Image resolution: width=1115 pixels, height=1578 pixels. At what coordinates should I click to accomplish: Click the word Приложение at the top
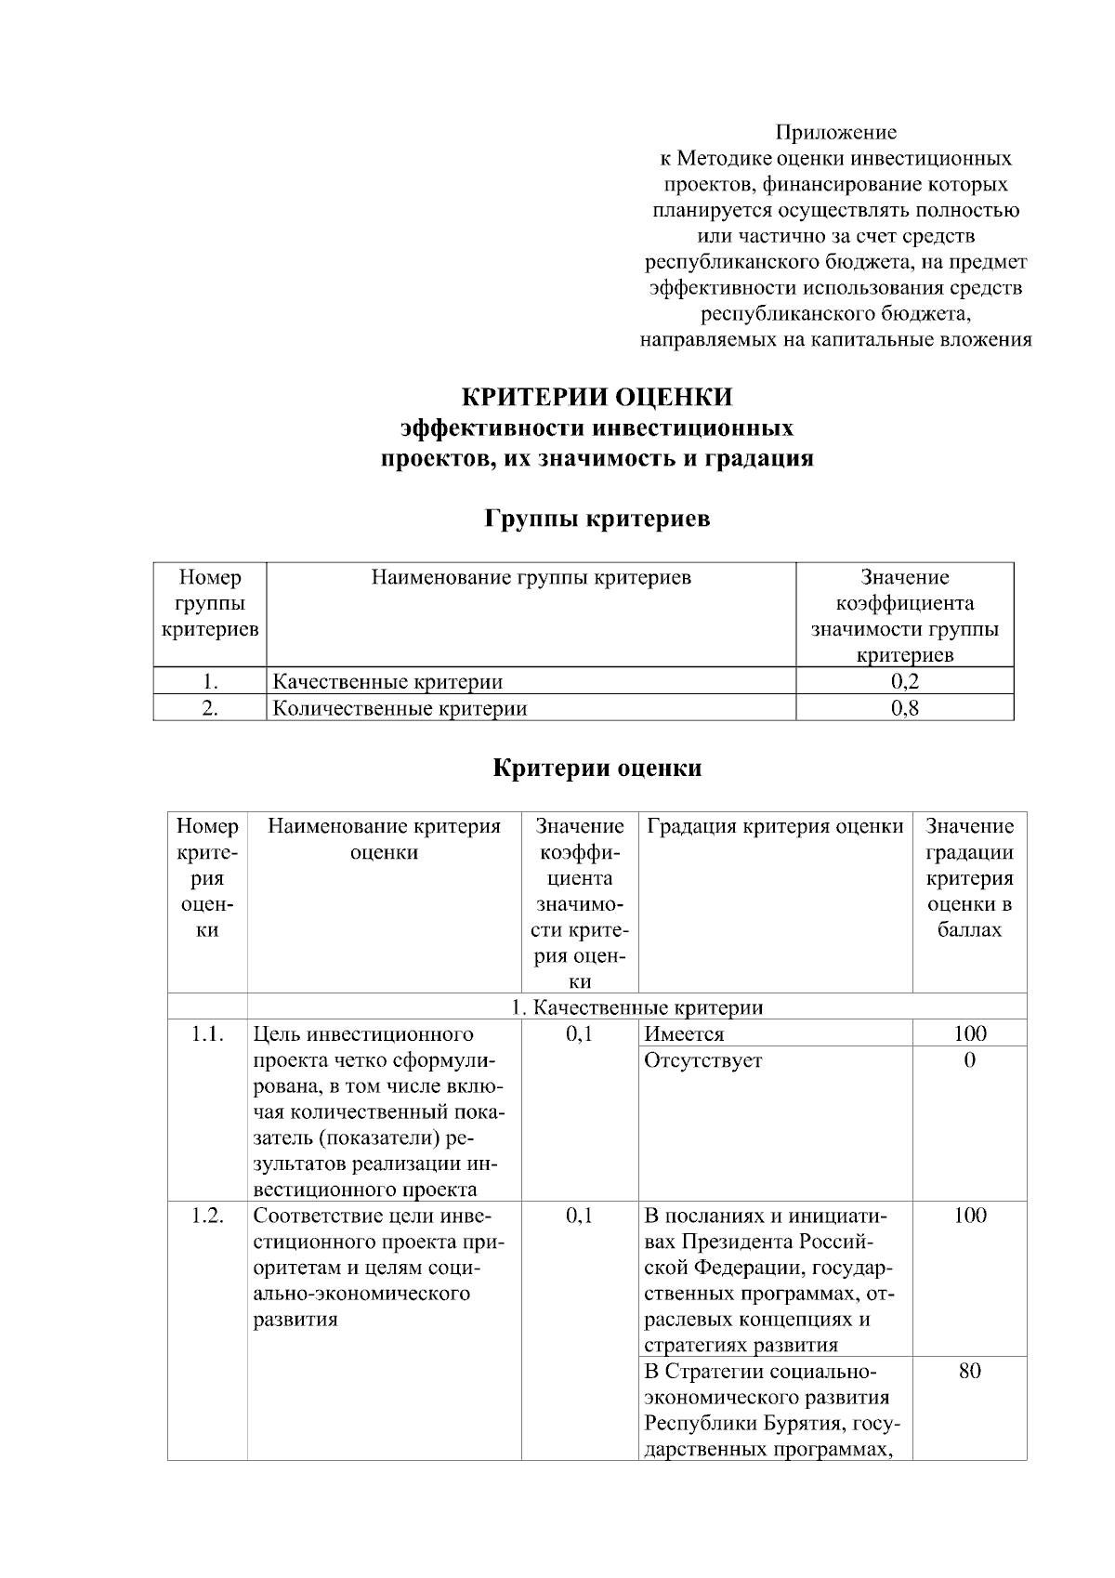click(835, 132)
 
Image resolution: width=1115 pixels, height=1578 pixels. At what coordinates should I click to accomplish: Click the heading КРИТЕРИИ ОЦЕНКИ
click(597, 397)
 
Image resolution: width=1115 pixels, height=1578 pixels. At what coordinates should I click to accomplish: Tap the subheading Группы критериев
click(597, 518)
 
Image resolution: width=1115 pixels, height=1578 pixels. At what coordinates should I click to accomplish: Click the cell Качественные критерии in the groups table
click(387, 681)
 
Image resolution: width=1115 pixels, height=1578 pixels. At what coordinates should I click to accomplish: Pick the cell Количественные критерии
click(400, 708)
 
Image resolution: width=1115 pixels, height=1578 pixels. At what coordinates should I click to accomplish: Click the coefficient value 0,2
click(904, 681)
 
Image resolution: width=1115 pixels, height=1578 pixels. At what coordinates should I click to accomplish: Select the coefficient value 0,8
click(904, 708)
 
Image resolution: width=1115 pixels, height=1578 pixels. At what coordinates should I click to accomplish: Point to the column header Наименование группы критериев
click(531, 578)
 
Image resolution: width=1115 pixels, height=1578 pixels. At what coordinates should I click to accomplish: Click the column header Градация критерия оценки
click(775, 826)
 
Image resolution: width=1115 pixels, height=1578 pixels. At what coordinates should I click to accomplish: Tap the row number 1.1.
click(207, 1033)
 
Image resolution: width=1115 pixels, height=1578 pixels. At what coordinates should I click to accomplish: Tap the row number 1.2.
click(207, 1216)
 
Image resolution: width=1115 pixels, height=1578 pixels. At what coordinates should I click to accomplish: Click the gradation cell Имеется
click(684, 1033)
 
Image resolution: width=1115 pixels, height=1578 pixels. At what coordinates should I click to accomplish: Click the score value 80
click(969, 1372)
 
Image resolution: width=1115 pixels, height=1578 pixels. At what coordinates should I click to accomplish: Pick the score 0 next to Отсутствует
click(969, 1060)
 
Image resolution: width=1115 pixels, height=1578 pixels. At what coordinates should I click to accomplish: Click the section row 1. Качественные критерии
click(637, 1007)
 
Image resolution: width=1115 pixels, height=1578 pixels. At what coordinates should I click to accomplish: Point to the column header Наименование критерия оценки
click(384, 839)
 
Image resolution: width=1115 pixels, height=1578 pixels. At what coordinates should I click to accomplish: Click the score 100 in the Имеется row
click(969, 1033)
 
